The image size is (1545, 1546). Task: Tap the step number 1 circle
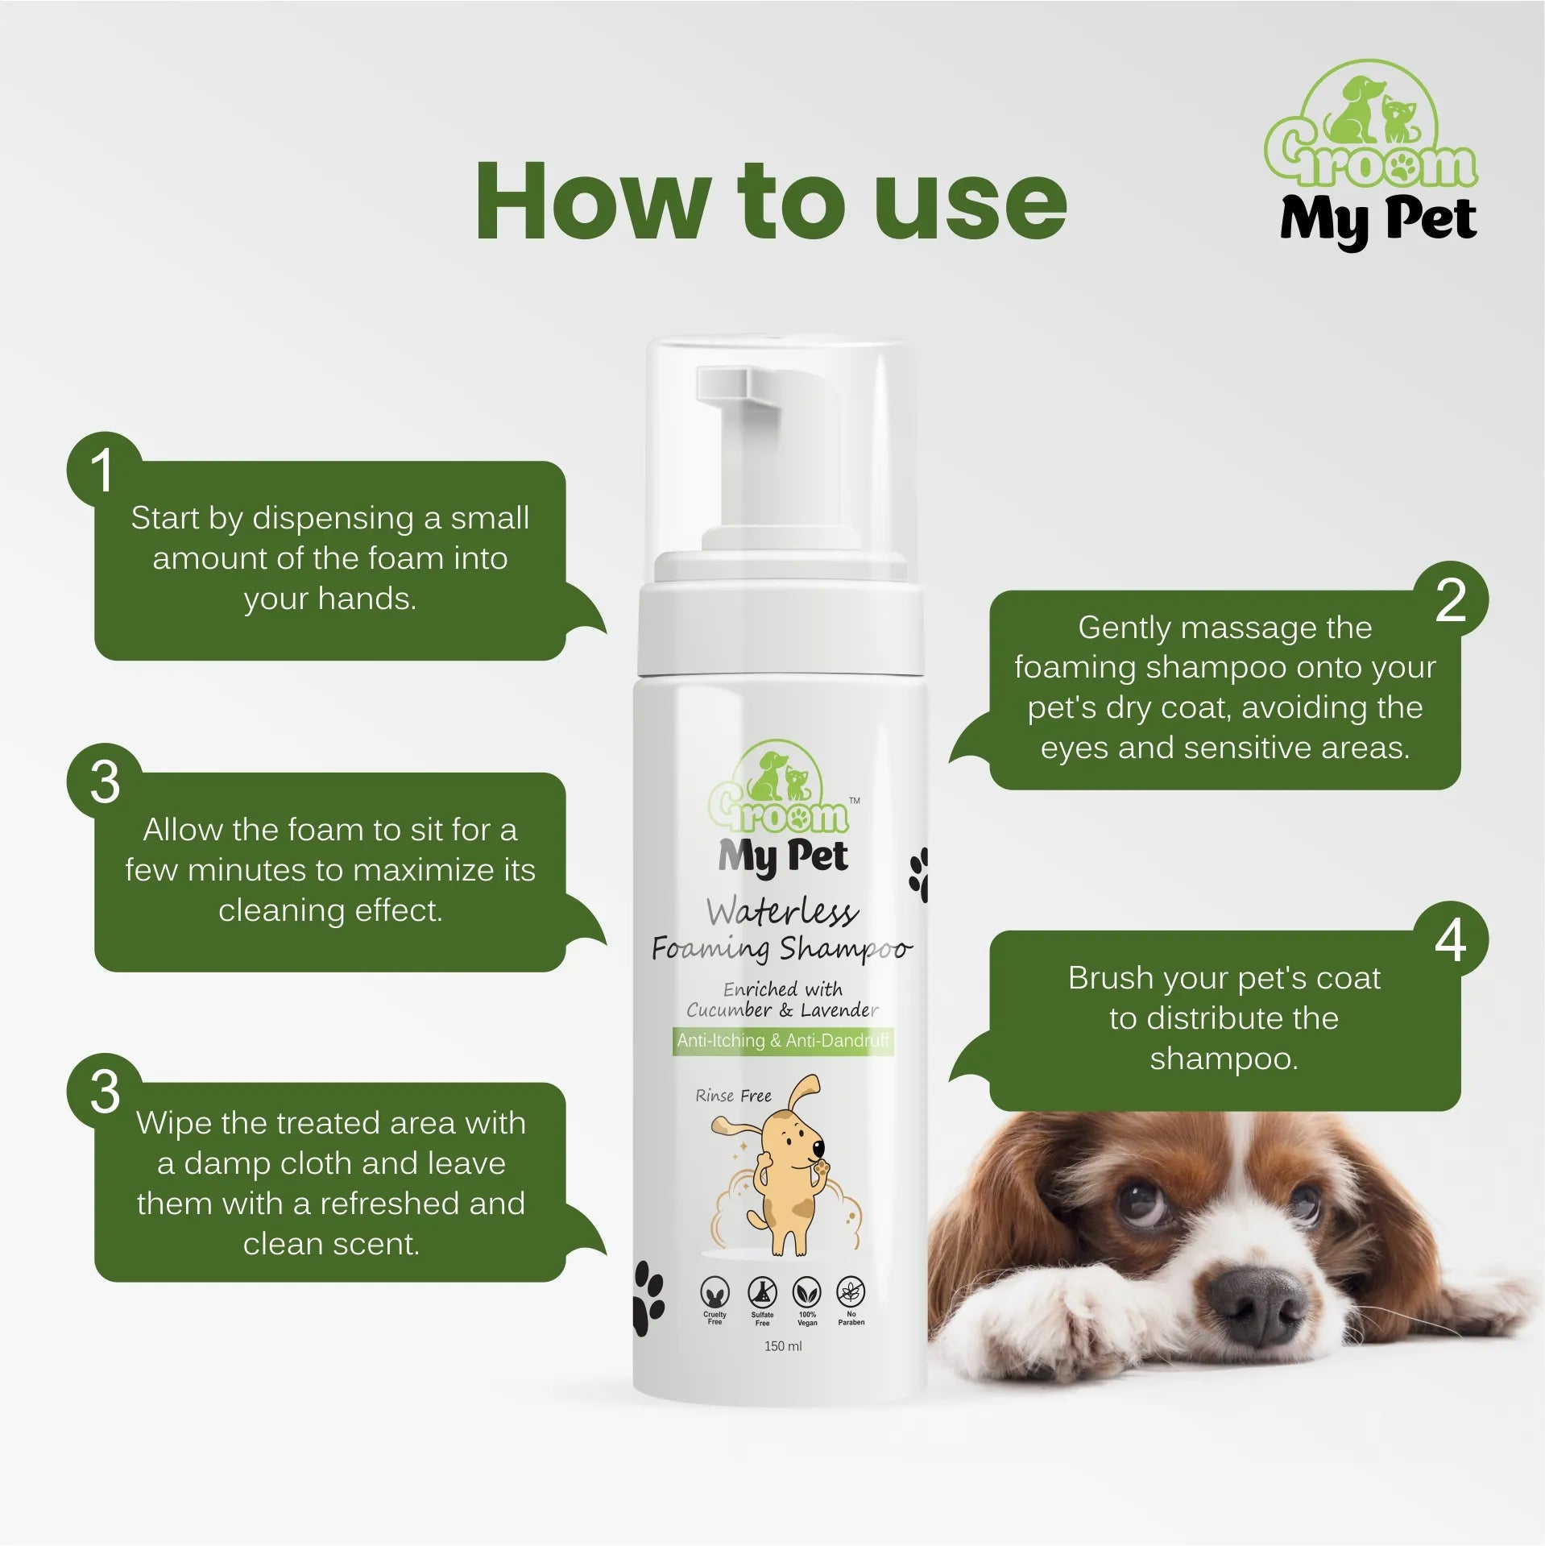point(103,470)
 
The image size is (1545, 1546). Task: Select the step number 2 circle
point(1451,599)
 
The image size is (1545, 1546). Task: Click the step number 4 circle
point(1451,939)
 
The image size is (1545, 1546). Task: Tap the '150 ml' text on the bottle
point(783,1346)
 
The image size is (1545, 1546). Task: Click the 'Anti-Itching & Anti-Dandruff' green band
point(783,1040)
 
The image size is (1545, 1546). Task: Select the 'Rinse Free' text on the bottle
point(733,1096)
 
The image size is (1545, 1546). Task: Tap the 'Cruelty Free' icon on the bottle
point(715,1295)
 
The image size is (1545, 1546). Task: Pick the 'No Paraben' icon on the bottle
point(851,1295)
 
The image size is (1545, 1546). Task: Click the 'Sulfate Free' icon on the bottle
point(762,1295)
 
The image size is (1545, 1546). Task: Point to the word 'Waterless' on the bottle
point(782,912)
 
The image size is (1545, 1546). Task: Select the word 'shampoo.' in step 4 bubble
point(1224,1059)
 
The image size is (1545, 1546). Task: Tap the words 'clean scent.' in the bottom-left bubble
point(331,1244)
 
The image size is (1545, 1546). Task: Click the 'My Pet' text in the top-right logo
point(1378,219)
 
